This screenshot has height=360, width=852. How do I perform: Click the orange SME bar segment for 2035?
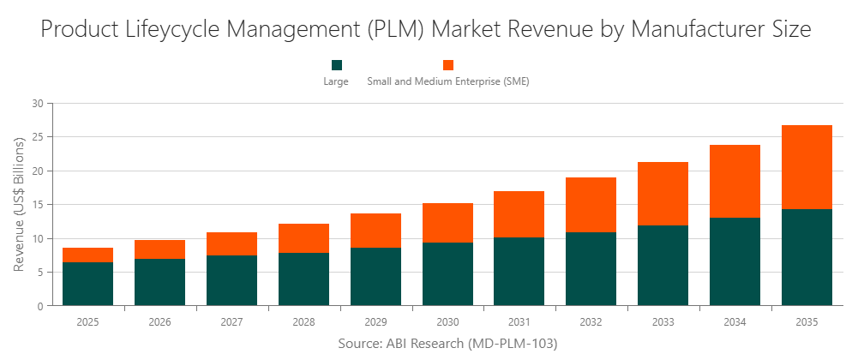point(807,167)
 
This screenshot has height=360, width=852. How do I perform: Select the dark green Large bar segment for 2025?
point(87,284)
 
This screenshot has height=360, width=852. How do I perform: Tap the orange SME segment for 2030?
point(447,223)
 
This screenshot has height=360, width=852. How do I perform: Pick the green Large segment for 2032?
point(591,268)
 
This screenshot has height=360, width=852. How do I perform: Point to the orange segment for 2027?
point(231,243)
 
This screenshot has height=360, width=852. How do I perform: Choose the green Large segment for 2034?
point(735,261)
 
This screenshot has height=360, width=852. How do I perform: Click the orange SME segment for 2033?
point(663,194)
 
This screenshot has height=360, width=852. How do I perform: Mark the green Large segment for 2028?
point(303,279)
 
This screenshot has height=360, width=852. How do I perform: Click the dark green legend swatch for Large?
point(336,65)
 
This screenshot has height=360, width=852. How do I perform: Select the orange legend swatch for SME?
point(447,65)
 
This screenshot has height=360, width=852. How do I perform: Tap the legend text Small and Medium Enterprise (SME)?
point(447,81)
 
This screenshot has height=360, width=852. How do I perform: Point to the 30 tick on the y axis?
point(37,104)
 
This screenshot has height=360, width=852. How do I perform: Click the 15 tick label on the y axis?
point(37,205)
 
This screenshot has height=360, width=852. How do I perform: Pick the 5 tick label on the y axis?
point(39,273)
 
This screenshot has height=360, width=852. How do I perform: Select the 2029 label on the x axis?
point(375,322)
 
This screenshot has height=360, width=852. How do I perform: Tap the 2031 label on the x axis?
point(519,322)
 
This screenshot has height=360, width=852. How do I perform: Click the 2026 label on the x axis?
point(159,322)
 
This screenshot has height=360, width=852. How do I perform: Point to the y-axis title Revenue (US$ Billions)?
point(19,204)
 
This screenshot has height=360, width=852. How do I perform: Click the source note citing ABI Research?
point(447,344)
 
